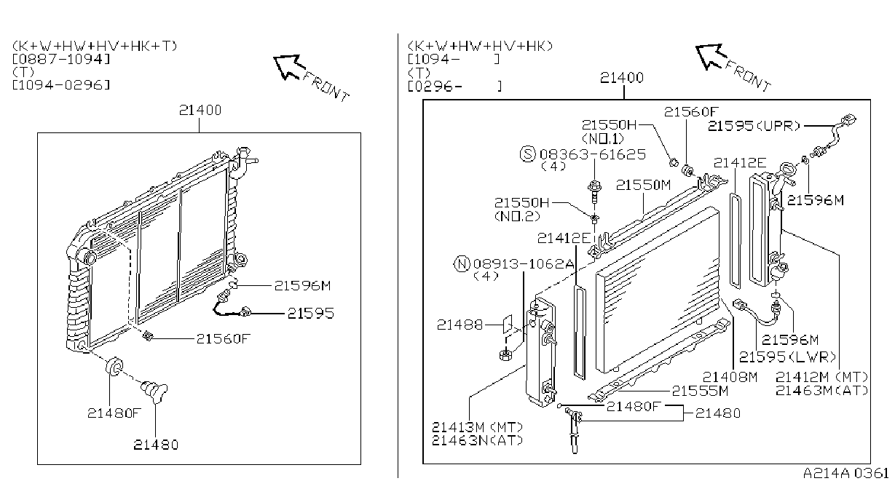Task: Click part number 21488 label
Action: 460,325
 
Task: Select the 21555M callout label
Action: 701,391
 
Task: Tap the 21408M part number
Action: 730,377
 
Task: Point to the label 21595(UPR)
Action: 754,126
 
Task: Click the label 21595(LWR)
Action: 786,357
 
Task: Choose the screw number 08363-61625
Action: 593,154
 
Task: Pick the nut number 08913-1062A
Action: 524,264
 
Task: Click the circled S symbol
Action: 527,154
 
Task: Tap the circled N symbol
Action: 462,264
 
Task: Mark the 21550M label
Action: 643,186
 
